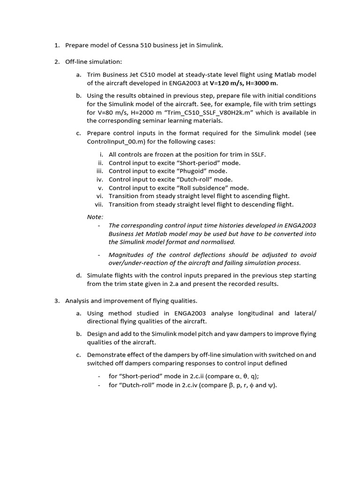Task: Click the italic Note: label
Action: [x=95, y=217]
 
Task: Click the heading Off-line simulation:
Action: [x=93, y=62]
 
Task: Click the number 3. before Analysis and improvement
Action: [x=57, y=300]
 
